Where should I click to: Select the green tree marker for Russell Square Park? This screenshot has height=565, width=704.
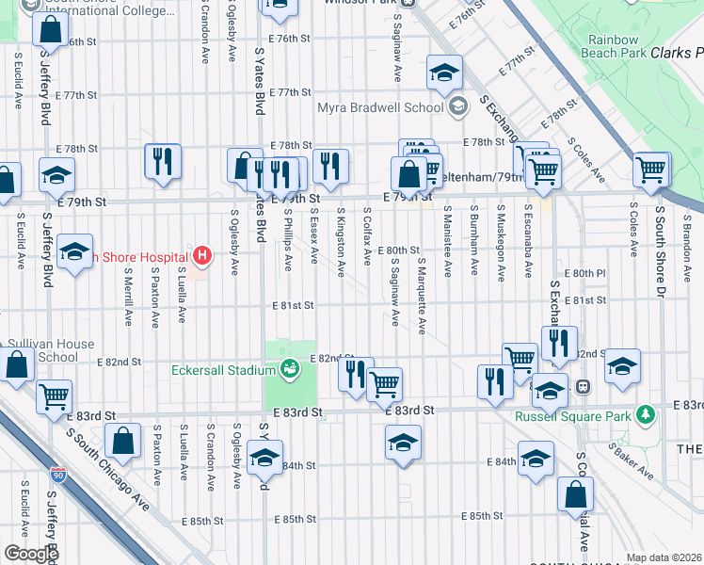tap(645, 414)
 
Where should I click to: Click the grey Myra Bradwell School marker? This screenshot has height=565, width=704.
tap(457, 106)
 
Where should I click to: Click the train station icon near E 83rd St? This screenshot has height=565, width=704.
tap(583, 385)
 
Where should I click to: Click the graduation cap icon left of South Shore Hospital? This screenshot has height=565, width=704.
tap(73, 252)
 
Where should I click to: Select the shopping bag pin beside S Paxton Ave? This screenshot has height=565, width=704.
tap(123, 440)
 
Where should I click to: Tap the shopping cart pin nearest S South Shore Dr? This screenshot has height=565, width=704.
tap(651, 170)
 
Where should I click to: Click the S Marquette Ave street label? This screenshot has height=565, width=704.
tap(423, 297)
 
